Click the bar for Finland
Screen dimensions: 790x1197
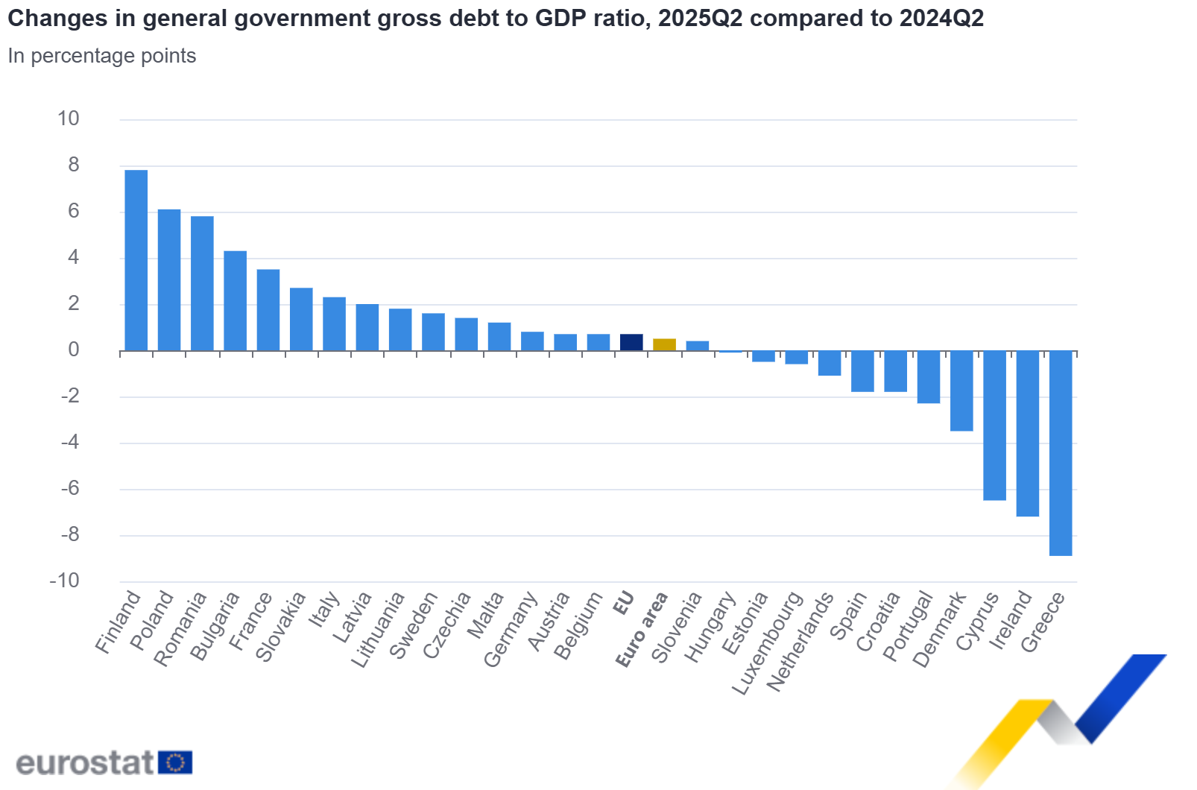[x=136, y=261]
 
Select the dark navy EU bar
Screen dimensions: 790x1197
[x=631, y=343]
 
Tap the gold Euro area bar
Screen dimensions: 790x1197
[x=664, y=345]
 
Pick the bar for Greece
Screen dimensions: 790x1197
[x=1061, y=453]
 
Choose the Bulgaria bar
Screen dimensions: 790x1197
[x=235, y=301]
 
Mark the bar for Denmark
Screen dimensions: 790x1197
[x=961, y=391]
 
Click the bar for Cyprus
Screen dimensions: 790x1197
[x=994, y=426]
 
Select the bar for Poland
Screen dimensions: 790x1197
[x=169, y=280]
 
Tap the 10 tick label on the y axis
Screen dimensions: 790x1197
[x=68, y=118]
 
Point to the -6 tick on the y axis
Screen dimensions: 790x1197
[x=69, y=488]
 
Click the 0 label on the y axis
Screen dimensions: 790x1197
[x=73, y=350]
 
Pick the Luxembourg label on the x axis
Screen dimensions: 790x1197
[x=768, y=643]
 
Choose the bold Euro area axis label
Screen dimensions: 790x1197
[x=642, y=630]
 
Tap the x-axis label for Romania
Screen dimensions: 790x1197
[x=180, y=628]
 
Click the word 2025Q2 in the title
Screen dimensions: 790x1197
[x=700, y=18]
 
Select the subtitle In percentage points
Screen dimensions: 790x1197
[x=102, y=56]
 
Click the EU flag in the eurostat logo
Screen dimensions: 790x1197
[x=175, y=762]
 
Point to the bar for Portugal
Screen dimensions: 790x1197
[x=928, y=377]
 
